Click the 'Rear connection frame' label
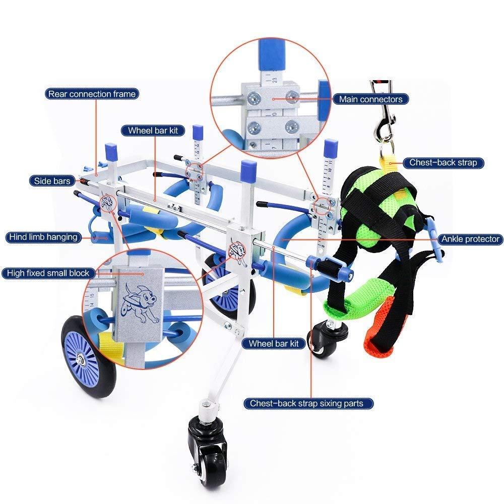pyautogui.click(x=92, y=94)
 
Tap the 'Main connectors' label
pyautogui.click(x=370, y=99)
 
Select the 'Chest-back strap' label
pyautogui.click(x=443, y=163)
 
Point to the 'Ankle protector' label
pyautogui.click(x=470, y=239)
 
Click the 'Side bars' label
pyautogui.click(x=52, y=181)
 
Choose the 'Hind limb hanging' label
pyautogui.click(x=43, y=237)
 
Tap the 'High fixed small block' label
pyautogui.click(x=48, y=273)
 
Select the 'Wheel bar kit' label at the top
pyautogui.click(x=153, y=131)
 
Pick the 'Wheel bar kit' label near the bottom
pyautogui.click(x=274, y=343)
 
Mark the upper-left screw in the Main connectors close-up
pyautogui.click(x=254, y=96)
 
